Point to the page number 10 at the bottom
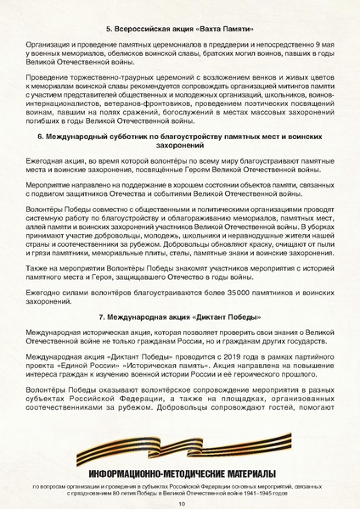[x=181, y=502]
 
